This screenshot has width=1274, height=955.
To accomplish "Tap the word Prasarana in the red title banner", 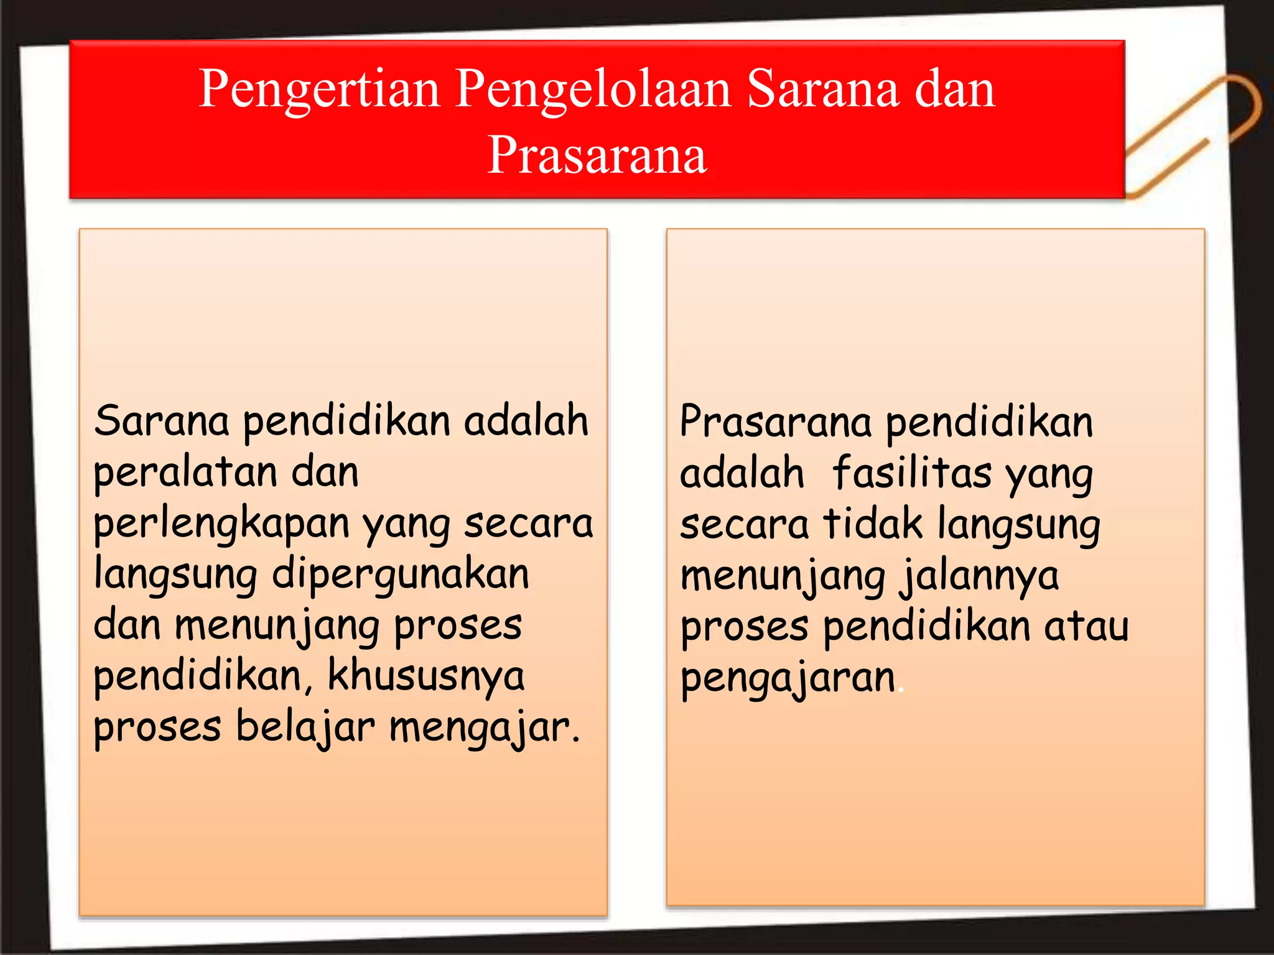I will pyautogui.click(x=597, y=155).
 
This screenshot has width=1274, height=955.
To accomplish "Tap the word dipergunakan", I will pyautogui.click(x=400, y=575).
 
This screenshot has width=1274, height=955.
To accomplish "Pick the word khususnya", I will pyautogui.click(x=425, y=676).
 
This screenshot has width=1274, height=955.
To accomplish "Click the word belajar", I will pyautogui.click(x=305, y=727).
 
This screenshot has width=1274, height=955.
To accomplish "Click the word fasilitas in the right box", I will pyautogui.click(x=911, y=474).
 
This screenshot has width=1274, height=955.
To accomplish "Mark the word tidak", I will pyautogui.click(x=872, y=524).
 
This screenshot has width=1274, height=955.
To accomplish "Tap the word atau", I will pyautogui.click(x=1086, y=626).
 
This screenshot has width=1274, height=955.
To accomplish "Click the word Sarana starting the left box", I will pyautogui.click(x=162, y=421).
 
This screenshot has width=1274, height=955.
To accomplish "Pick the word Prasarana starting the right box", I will pyautogui.click(x=775, y=422).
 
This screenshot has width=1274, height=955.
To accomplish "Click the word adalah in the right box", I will pyautogui.click(x=742, y=474).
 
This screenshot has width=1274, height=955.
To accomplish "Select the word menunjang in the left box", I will pyautogui.click(x=277, y=627).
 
